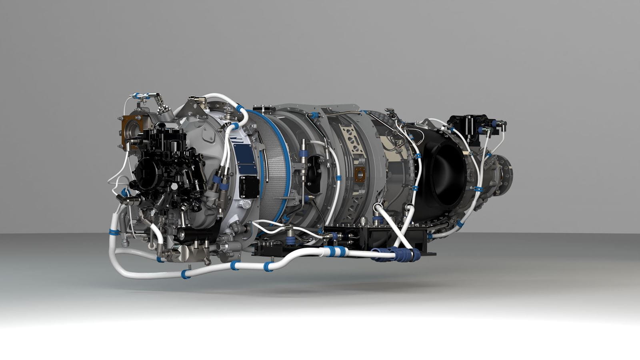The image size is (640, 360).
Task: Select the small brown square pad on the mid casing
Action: click(360, 174)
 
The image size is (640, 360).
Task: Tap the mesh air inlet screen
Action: click(276, 168)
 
